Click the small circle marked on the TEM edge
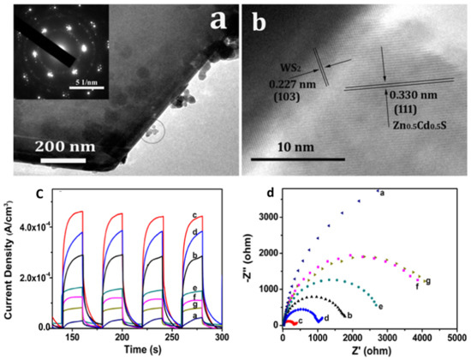point(155,132)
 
